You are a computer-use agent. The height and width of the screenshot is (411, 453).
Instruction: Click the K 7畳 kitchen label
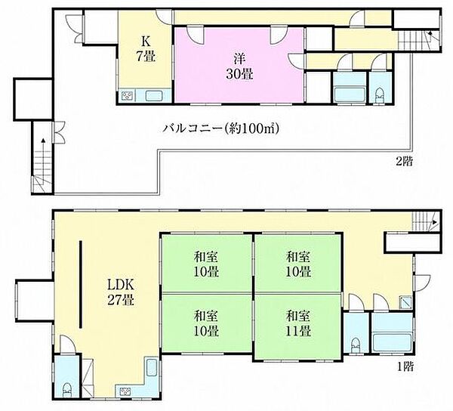tap(146, 49)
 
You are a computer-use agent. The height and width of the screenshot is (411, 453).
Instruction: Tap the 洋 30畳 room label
tap(239, 67)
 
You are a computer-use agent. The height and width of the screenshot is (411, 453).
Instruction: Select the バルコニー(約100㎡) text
tap(220, 128)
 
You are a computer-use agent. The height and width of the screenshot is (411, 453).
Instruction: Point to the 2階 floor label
tap(404, 162)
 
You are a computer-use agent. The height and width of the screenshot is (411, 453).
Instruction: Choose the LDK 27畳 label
tap(121, 292)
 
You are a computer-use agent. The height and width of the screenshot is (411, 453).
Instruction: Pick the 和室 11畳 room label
tap(298, 323)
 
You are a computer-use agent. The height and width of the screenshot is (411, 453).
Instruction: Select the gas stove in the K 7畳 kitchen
tap(127, 96)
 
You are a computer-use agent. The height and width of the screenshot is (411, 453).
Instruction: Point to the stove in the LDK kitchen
tap(125, 391)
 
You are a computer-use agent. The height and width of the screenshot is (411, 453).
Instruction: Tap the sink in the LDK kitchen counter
tap(152, 368)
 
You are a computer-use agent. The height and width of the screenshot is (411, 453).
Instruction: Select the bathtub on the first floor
tap(391, 343)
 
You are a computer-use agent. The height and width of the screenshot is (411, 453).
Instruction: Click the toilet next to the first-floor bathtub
tap(356, 345)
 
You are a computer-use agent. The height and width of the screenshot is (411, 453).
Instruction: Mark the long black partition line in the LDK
tap(81, 284)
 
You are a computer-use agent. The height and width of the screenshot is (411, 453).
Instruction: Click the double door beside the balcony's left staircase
tap(58, 132)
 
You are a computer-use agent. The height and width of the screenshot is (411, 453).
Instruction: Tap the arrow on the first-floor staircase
tap(433, 221)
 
